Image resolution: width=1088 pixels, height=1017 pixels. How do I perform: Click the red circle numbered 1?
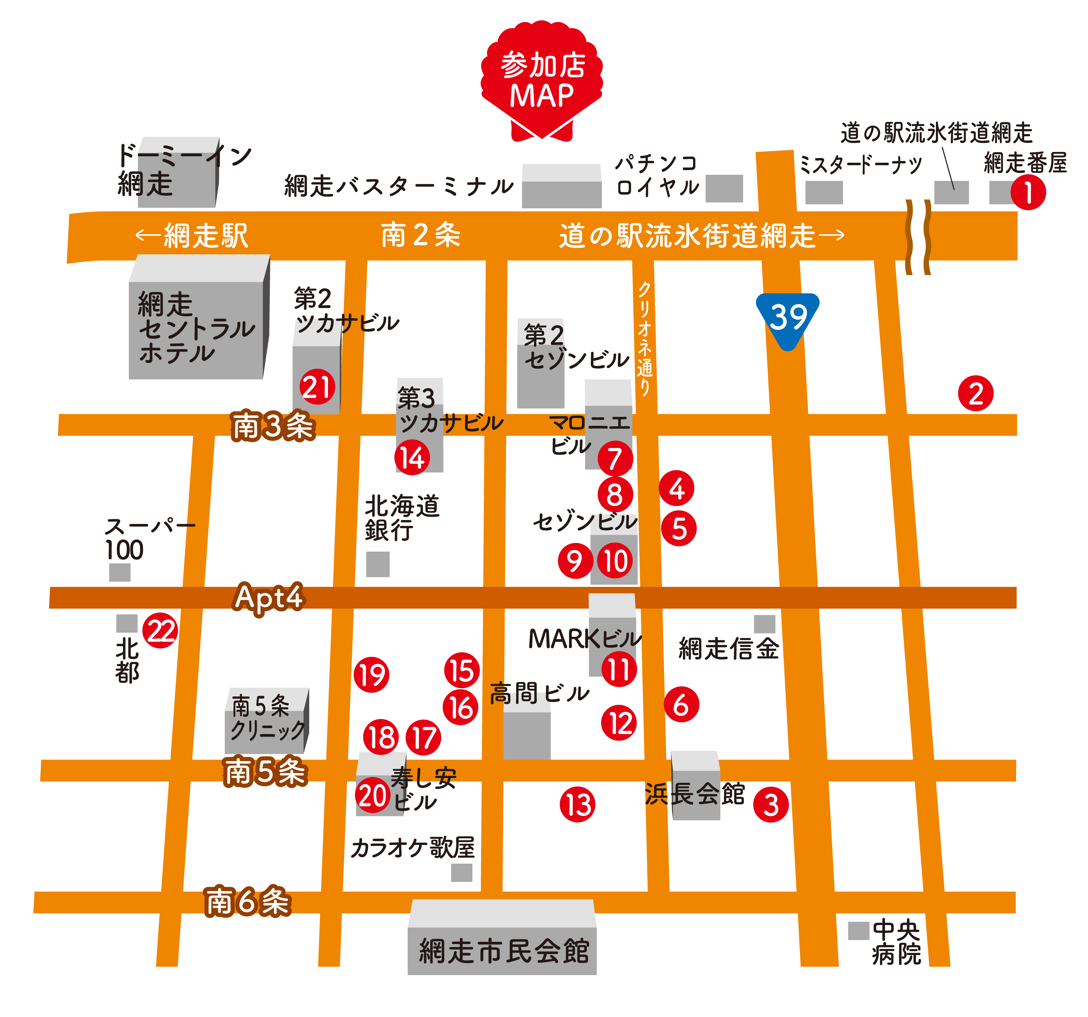1028,193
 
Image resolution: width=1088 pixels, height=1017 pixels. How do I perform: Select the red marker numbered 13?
577,805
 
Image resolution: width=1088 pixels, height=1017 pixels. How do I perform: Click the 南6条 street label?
247,901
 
